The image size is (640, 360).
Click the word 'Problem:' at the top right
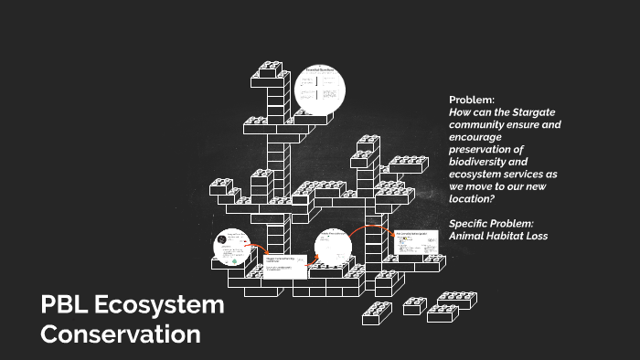point(472,99)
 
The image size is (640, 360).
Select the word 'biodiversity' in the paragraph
point(481,162)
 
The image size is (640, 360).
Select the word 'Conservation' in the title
point(121,334)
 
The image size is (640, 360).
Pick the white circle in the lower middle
point(334,246)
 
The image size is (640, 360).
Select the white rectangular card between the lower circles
point(284,264)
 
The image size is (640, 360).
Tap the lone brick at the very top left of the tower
point(272,69)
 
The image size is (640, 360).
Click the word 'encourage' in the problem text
point(476,136)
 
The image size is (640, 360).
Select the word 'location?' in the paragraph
point(473,198)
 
